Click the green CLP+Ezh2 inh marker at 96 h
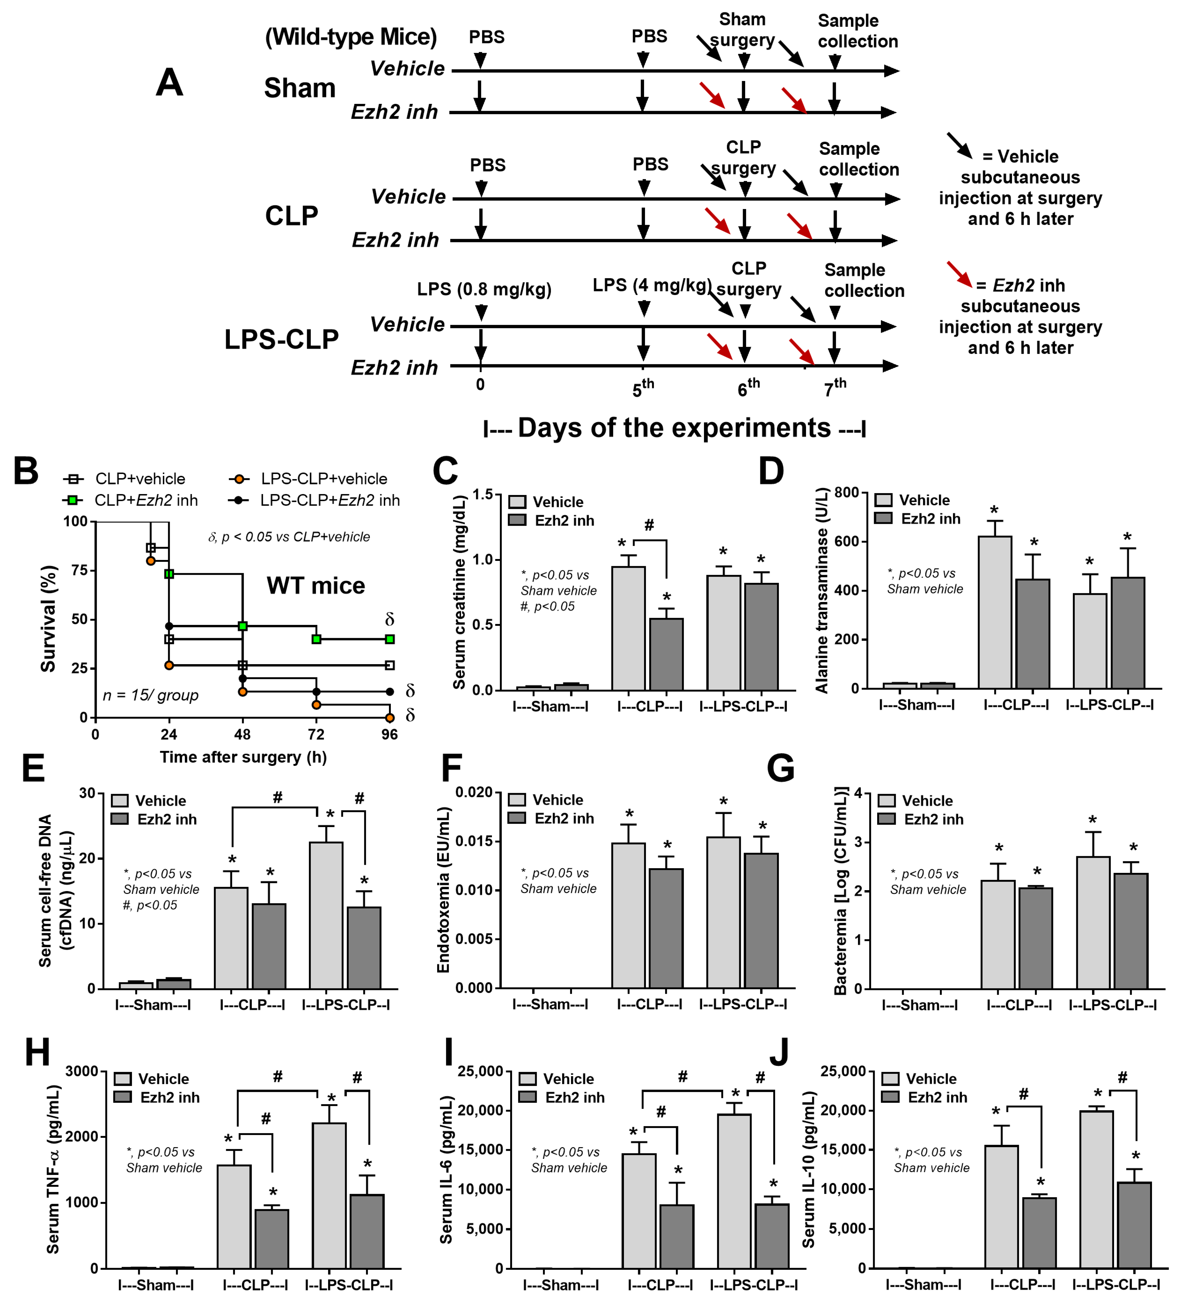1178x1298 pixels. pyautogui.click(x=390, y=639)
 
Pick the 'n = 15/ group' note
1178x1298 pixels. pyautogui.click(x=151, y=695)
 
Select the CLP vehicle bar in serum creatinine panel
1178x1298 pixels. pyautogui.click(x=628, y=628)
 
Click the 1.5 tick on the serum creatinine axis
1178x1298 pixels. pyautogui.click(x=482, y=494)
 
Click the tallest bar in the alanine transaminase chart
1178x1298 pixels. pyautogui.click(x=995, y=612)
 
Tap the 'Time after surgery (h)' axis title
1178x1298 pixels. pyautogui.click(x=243, y=757)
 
